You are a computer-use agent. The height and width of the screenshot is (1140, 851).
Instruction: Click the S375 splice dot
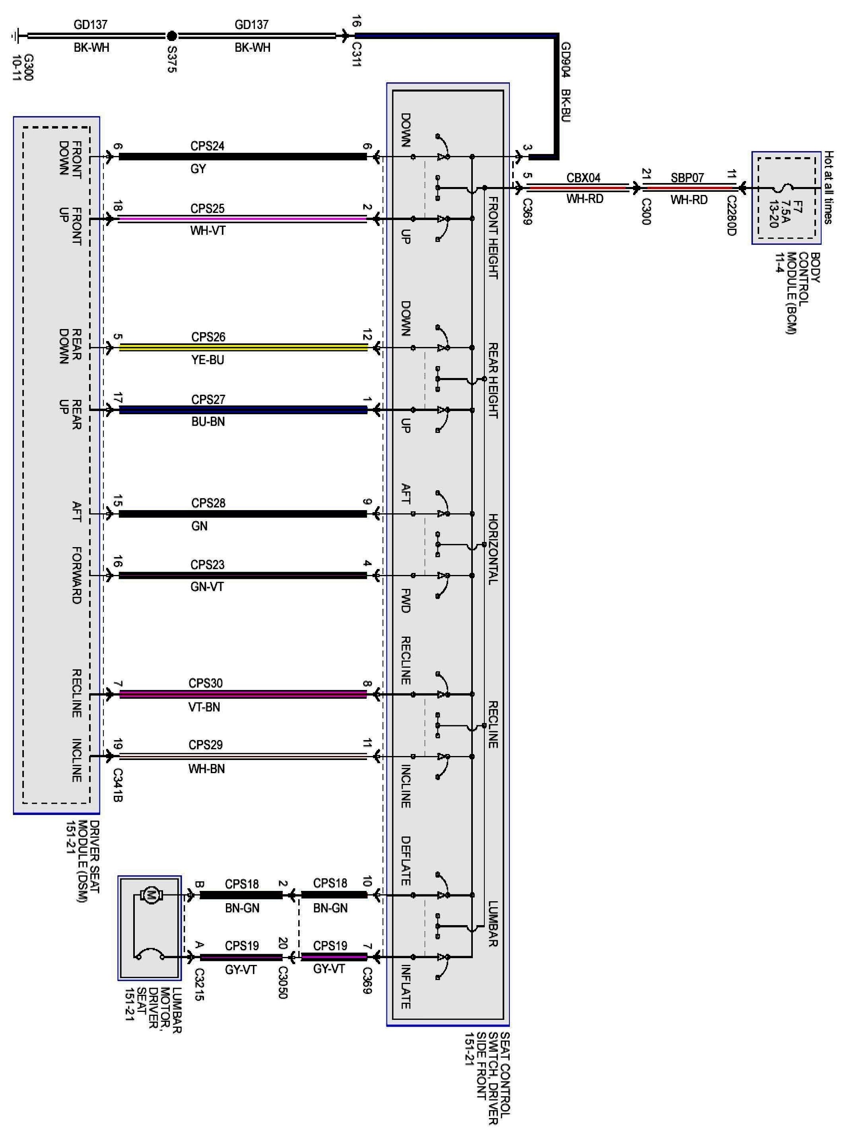[x=171, y=36]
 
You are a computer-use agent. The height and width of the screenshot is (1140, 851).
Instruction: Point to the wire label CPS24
[x=207, y=146]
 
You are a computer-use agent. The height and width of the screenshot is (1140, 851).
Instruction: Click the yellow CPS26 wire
[x=243, y=348]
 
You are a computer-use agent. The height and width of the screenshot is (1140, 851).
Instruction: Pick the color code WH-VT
[x=208, y=230]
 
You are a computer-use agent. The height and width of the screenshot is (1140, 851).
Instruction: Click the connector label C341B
[x=117, y=785]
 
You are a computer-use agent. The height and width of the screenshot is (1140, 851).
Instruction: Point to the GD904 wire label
[x=565, y=60]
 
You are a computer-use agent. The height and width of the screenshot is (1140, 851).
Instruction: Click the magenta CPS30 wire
[x=243, y=694]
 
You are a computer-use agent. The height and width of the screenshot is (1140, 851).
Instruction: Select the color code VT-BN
[x=204, y=707]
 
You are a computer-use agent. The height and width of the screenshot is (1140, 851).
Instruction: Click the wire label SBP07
[x=687, y=178]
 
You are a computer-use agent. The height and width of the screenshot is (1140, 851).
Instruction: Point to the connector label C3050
[x=282, y=983]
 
